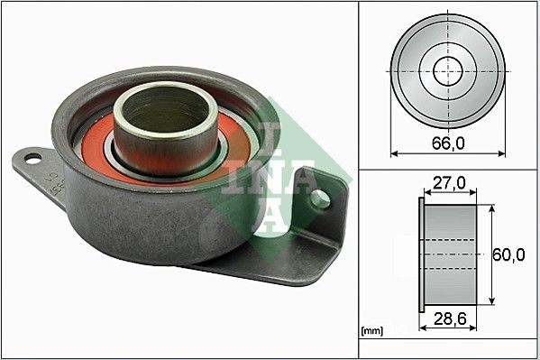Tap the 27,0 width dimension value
(448, 183)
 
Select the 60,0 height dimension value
(509, 255)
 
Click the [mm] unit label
(371, 331)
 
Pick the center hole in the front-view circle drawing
(447, 69)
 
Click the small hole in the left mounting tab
(33, 160)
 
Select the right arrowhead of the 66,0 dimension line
(501, 153)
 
